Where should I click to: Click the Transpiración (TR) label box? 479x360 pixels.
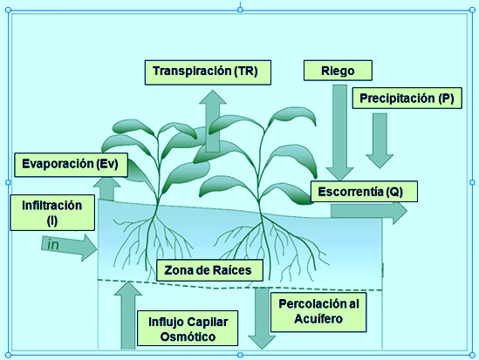coord(208,72)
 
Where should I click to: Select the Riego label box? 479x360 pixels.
coord(338,71)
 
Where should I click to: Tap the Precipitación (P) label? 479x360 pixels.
coord(407,98)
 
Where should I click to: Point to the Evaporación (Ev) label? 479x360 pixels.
coord(71,165)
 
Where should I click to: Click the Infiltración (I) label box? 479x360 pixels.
coord(52,213)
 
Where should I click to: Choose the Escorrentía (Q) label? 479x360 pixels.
coord(364,192)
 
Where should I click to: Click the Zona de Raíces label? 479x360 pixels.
coord(209,270)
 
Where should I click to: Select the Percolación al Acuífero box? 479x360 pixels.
coord(318,312)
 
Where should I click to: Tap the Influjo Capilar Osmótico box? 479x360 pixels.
coord(188,329)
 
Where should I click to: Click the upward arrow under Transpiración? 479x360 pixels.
coord(213,121)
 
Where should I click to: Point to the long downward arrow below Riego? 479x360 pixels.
coord(339,132)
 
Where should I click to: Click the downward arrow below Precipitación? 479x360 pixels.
coord(380,140)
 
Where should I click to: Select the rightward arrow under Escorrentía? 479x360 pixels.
coord(369,211)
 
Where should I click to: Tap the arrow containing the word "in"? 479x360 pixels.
coord(69,248)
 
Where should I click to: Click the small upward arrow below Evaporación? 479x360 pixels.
coord(106,189)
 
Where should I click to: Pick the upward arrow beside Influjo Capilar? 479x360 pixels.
coord(127,316)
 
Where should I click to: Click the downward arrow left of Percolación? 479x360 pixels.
coord(262,318)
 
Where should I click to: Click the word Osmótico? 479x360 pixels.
coord(188,336)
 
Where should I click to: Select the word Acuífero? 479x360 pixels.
coord(318,319)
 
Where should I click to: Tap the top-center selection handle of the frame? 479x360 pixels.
coord(240,10)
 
